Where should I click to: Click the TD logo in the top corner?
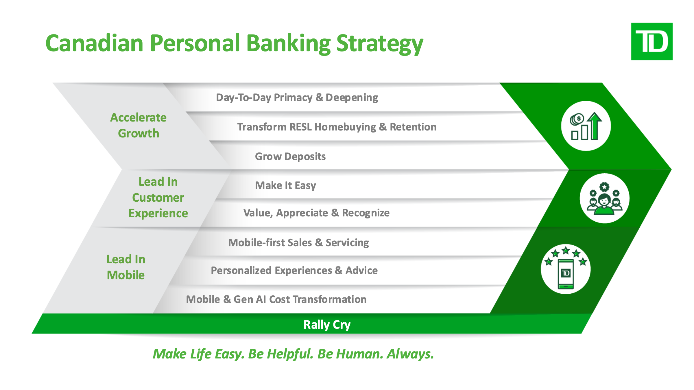point(652,41)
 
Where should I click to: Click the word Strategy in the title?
point(380,44)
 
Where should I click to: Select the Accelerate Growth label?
point(139,126)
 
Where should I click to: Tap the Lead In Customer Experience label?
point(158,197)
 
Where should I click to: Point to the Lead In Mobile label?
point(126,267)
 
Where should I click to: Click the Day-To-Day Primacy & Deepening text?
point(297,97)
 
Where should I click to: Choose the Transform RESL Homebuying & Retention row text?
point(337,127)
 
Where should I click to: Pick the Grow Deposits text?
point(290,156)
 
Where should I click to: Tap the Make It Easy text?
point(285,185)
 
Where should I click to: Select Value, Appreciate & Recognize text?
point(316,213)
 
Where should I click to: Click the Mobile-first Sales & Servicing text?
point(298,242)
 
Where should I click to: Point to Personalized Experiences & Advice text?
point(294,270)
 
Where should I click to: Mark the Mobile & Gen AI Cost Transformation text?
point(276,299)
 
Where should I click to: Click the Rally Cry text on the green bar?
point(327,325)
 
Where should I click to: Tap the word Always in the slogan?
point(410,354)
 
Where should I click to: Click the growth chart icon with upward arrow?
point(586,126)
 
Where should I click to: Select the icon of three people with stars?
point(604,198)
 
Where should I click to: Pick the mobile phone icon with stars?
point(566,269)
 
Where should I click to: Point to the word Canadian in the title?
point(95,43)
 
